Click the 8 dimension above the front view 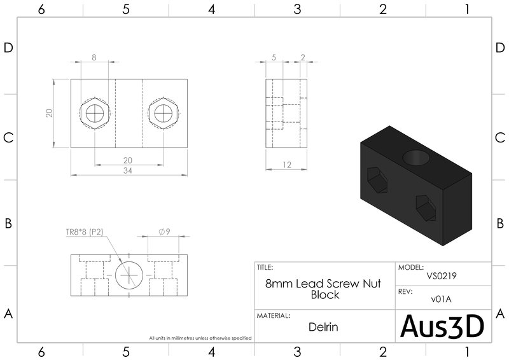(x=94, y=57)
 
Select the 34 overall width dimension (x=128, y=170)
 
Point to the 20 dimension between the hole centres (x=128, y=160)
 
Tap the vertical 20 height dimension (x=48, y=113)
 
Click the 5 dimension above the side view (x=274, y=57)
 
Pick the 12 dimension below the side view (x=286, y=165)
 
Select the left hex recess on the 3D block (x=378, y=179)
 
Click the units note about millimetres (x=200, y=338)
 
